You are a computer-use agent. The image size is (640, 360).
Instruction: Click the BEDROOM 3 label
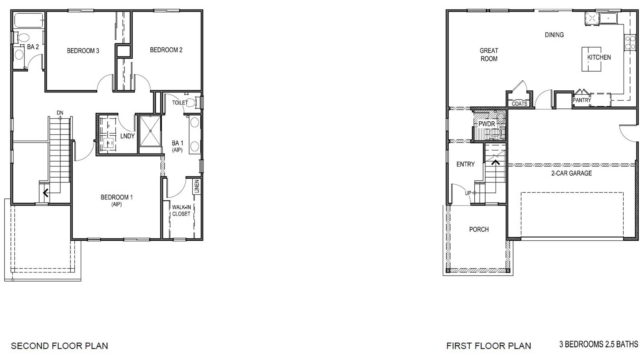click(83, 51)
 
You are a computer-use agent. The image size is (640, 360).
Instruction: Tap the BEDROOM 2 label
click(166, 50)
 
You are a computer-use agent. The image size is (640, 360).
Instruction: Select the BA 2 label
click(33, 47)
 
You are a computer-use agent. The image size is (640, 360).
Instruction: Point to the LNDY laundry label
click(127, 136)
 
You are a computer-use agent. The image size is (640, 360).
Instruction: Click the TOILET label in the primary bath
click(180, 103)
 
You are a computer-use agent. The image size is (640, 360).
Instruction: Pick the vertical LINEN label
click(196, 186)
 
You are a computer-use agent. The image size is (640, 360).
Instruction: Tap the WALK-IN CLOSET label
click(181, 210)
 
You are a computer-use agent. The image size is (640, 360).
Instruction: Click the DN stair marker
click(60, 113)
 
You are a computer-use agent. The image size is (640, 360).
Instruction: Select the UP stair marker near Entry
click(468, 193)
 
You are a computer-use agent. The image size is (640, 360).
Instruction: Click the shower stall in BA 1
click(150, 130)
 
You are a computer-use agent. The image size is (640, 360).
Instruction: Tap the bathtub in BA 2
click(28, 21)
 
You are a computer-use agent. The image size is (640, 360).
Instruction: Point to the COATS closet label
click(519, 104)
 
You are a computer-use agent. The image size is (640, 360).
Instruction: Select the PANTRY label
click(582, 100)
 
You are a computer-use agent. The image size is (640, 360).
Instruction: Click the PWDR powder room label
click(487, 124)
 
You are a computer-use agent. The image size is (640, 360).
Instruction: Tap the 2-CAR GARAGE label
click(571, 173)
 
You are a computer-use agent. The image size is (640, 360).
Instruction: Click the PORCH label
click(479, 230)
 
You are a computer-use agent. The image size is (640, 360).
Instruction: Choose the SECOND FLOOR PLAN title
click(59, 346)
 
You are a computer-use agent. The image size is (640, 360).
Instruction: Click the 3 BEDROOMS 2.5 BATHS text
click(598, 344)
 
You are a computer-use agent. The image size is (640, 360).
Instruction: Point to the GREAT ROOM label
click(489, 55)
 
